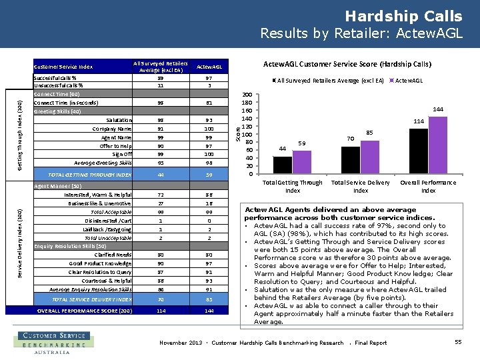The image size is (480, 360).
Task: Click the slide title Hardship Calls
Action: click(403, 15)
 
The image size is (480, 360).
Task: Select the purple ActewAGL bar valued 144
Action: click(437, 144)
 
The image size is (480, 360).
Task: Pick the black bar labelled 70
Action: click(351, 160)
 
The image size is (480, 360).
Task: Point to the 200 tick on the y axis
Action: click(247, 95)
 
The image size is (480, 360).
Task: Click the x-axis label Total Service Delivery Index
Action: click(360, 186)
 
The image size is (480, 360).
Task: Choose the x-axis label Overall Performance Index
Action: click(428, 186)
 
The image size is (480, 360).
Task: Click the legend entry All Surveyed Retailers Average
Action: click(326, 81)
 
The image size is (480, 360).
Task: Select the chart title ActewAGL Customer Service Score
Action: click(347, 65)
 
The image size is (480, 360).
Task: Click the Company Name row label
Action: click(112, 129)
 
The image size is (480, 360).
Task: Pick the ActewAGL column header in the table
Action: click(209, 67)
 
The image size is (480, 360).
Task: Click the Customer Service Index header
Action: click(63, 67)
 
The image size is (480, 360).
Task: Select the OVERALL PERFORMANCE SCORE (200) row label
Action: click(84, 310)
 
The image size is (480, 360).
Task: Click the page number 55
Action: click(458, 342)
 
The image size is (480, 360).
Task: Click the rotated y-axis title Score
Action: click(239, 134)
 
